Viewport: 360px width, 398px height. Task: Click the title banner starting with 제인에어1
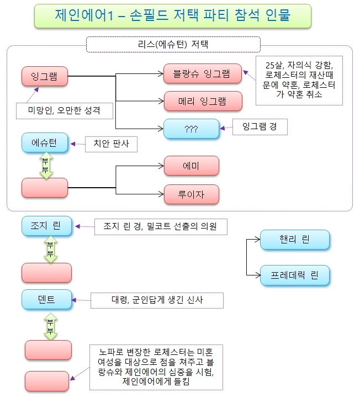tap(173, 16)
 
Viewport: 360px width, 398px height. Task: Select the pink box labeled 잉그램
tap(45, 76)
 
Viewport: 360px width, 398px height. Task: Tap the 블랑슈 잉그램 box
tap(202, 73)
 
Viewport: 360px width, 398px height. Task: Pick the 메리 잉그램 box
tap(203, 101)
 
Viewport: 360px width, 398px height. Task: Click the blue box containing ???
tap(191, 129)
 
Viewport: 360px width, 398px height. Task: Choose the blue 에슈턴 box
tap(45, 142)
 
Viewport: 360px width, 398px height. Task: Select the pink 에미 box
tap(192, 166)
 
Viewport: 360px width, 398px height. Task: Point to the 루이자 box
tap(192, 194)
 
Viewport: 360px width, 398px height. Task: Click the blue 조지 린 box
tap(46, 226)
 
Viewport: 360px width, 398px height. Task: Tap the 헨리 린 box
tap(295, 240)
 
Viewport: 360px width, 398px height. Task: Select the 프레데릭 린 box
tap(295, 275)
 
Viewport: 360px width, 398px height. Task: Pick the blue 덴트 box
tap(46, 299)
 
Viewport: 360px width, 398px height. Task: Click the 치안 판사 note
tap(111, 144)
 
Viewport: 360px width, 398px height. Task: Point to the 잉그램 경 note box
tap(260, 126)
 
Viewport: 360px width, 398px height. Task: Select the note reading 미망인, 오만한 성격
tap(65, 110)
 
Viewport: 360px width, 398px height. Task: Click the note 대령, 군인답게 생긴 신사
tap(157, 300)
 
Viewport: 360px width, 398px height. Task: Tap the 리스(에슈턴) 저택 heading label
tap(173, 44)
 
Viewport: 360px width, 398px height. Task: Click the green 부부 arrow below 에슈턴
tap(46, 166)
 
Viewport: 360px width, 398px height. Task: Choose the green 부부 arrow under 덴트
tap(51, 326)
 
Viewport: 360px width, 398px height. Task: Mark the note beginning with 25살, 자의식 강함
tap(299, 80)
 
